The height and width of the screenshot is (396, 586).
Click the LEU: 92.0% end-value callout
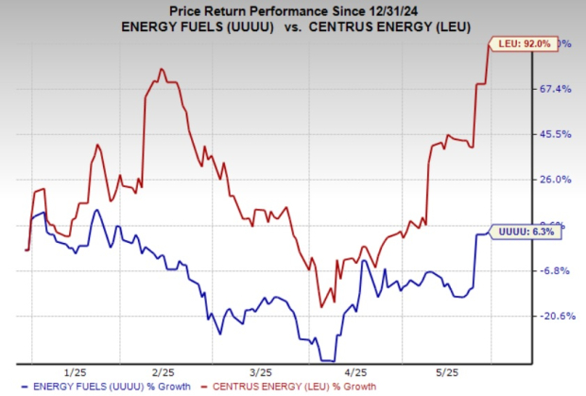(518, 43)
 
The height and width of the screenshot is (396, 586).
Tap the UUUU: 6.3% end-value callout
(520, 231)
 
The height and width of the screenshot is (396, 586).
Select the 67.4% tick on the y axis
(555, 89)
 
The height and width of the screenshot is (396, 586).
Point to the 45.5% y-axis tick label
(555, 134)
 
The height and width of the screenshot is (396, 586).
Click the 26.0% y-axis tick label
(555, 180)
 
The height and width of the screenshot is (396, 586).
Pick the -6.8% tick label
(555, 270)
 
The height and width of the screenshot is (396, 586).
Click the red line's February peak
(161, 69)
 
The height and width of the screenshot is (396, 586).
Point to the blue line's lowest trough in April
(328, 360)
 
